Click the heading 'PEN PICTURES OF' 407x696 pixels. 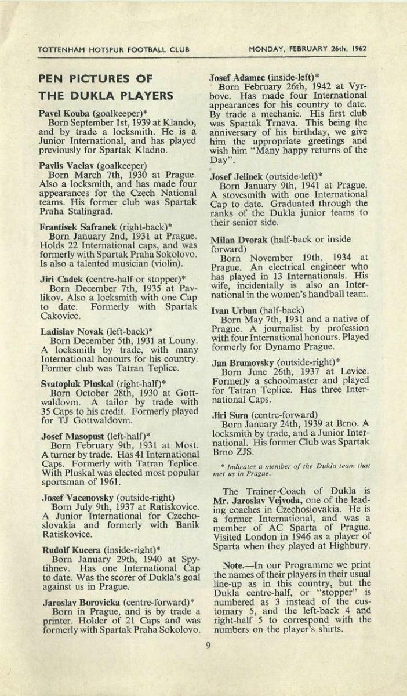pos(96,79)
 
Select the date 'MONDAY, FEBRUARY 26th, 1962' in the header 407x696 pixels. pos(307,49)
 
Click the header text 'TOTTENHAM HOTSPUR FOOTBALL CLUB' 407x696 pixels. pos(113,49)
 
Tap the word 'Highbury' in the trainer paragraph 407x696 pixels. pos(349,546)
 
